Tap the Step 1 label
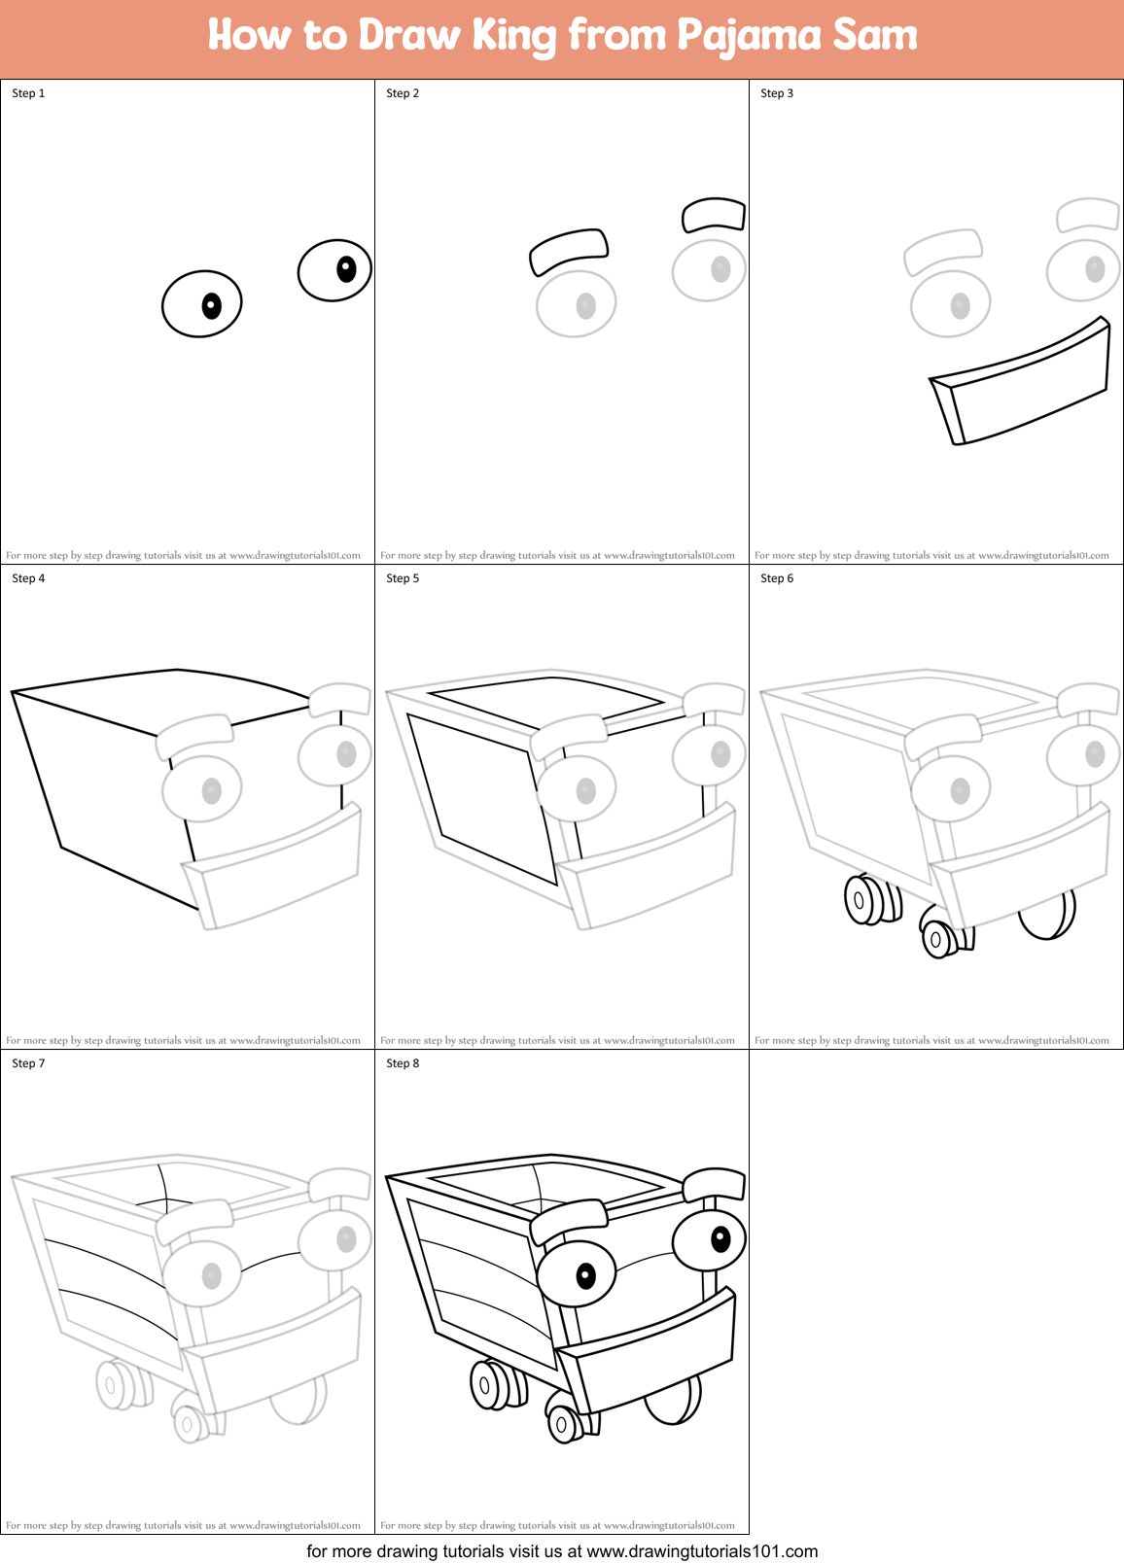point(28,93)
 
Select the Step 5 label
point(403,578)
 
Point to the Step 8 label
point(403,1063)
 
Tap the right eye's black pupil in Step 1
point(346,268)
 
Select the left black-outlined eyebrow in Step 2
point(569,251)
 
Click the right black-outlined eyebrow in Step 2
point(714,214)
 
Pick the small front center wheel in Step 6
point(938,939)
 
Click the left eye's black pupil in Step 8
point(585,1275)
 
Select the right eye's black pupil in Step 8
point(720,1238)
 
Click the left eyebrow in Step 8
point(569,1220)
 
